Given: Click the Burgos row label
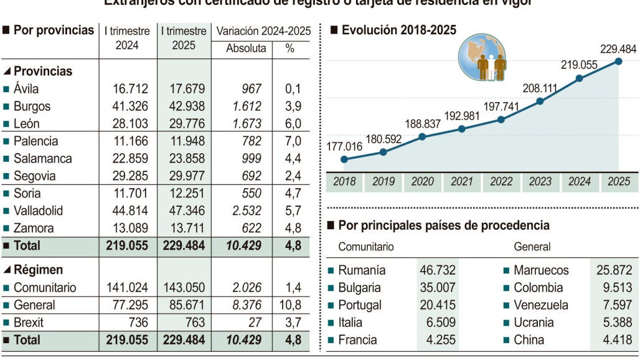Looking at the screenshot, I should pos(32,107).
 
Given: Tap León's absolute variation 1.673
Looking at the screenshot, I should pos(247,124).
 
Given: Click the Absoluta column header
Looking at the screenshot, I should pos(246,48).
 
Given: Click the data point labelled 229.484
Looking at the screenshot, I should pos(618,61).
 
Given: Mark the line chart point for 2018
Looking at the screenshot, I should pos(344,159).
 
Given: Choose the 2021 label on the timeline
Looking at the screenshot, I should pos(461,182).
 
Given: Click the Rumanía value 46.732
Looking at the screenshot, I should pos(437,270).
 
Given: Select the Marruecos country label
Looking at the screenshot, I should pos(541,270).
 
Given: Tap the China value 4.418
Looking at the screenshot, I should pos(614,340).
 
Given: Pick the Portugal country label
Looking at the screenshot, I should pos(360,305).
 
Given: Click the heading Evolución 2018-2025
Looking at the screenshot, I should pos(399,30).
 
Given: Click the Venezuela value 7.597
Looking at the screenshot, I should pos(614,305).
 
